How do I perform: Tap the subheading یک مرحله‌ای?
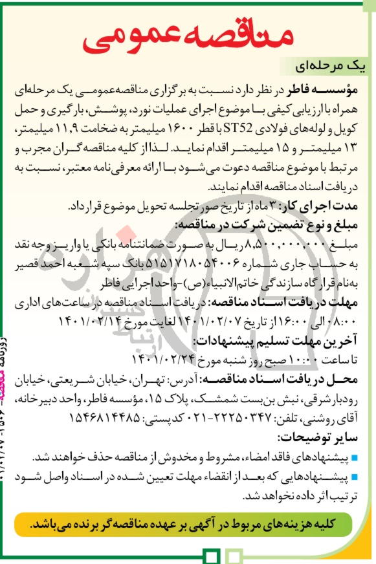[326, 67]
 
